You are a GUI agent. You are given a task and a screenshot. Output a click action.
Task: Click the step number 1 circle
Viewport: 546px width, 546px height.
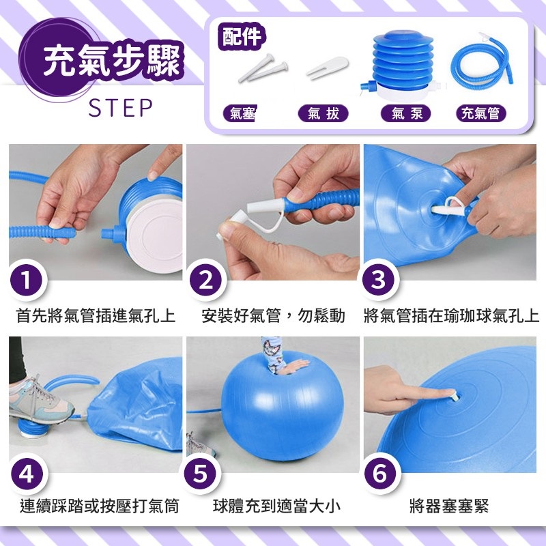pyautogui.click(x=27, y=280)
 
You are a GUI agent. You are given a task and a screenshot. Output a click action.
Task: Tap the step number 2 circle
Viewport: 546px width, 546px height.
pyautogui.click(x=206, y=280)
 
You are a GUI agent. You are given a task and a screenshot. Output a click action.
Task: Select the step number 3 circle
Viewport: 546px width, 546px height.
pyautogui.click(x=379, y=280)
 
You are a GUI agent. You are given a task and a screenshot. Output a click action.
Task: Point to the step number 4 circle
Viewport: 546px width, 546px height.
pyautogui.click(x=27, y=474)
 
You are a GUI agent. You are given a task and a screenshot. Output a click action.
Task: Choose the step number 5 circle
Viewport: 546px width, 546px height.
pyautogui.click(x=201, y=474)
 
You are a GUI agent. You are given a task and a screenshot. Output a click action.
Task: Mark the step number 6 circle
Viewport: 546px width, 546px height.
pyautogui.click(x=380, y=474)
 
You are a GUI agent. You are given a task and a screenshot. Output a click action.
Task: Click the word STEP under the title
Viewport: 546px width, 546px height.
pyautogui.click(x=121, y=108)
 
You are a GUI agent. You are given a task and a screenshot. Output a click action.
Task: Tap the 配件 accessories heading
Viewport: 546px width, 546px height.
pyautogui.click(x=242, y=37)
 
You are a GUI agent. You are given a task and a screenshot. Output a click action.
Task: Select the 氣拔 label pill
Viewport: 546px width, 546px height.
pyautogui.click(x=323, y=113)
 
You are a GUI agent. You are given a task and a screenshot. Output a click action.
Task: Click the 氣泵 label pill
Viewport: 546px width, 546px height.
pyautogui.click(x=406, y=113)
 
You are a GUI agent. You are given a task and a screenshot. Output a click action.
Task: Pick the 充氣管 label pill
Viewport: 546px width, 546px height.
pyautogui.click(x=481, y=113)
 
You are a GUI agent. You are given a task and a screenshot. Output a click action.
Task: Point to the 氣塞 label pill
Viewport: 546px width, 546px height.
pyautogui.click(x=240, y=113)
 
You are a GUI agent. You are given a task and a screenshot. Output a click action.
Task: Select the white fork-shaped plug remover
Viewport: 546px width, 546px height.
pyautogui.click(x=327, y=67)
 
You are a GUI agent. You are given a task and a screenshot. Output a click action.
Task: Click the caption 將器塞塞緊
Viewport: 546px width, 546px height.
pyautogui.click(x=449, y=506)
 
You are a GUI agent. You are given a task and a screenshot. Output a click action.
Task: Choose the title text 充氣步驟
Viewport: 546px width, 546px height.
pyautogui.click(x=112, y=61)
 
